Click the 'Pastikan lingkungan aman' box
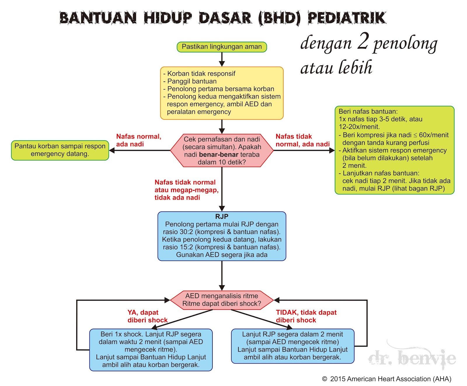pos(222,47)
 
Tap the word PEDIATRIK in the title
pos(347,18)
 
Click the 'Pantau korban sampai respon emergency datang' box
pos(60,150)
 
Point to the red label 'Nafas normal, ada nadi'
pos(139,140)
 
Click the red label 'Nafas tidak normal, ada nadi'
pos(302,140)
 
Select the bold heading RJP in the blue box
pos(222,216)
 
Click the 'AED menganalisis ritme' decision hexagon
pos(222,300)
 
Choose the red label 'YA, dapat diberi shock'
pos(147,316)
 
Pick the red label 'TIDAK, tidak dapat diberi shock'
pos(306,316)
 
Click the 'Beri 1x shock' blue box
pos(151,350)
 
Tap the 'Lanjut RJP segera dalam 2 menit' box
pos(292,346)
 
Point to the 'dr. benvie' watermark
pos(412,358)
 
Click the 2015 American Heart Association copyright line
pos(387,379)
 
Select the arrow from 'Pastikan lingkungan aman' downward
pos(222,59)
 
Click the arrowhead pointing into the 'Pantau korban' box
pos(112,151)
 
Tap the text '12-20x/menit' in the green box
pos(359,127)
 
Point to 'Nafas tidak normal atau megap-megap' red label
pos(186,190)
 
